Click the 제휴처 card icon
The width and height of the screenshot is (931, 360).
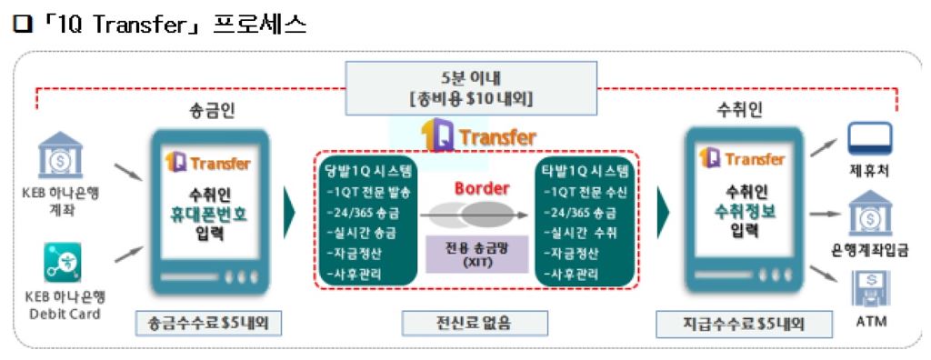click(x=869, y=139)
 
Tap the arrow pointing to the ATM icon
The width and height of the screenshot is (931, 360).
click(x=823, y=280)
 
